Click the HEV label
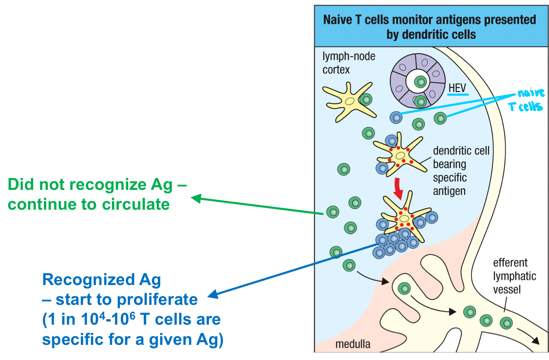tap(457, 88)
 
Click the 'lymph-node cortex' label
tap(348, 63)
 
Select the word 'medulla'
tap(352, 344)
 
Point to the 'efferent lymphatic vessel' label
tap(514, 276)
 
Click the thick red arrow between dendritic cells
tap(398, 188)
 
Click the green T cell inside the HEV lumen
tap(420, 82)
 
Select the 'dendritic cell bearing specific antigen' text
tap(460, 171)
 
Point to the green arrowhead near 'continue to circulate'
tap(195, 198)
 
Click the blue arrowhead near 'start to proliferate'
tap(213, 294)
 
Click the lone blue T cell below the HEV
tap(396, 117)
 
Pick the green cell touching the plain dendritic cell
tap(366, 99)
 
